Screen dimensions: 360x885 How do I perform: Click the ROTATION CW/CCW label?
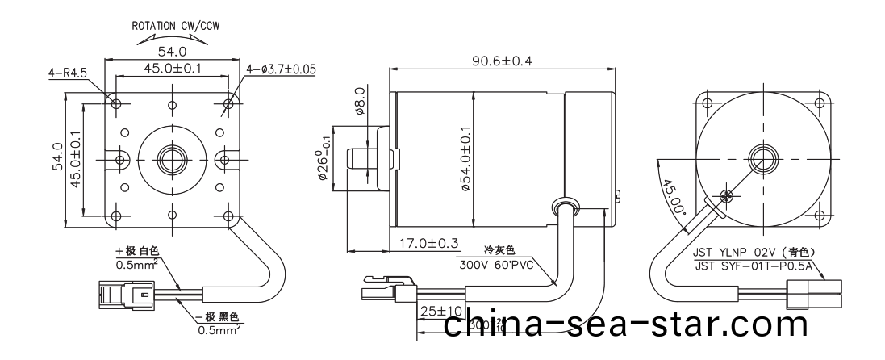click(177, 25)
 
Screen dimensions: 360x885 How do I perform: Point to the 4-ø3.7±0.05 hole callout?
click(281, 71)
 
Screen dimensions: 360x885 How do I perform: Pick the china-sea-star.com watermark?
click(625, 325)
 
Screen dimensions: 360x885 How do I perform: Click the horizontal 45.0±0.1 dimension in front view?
click(172, 69)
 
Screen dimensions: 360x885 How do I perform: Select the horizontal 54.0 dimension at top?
click(172, 52)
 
